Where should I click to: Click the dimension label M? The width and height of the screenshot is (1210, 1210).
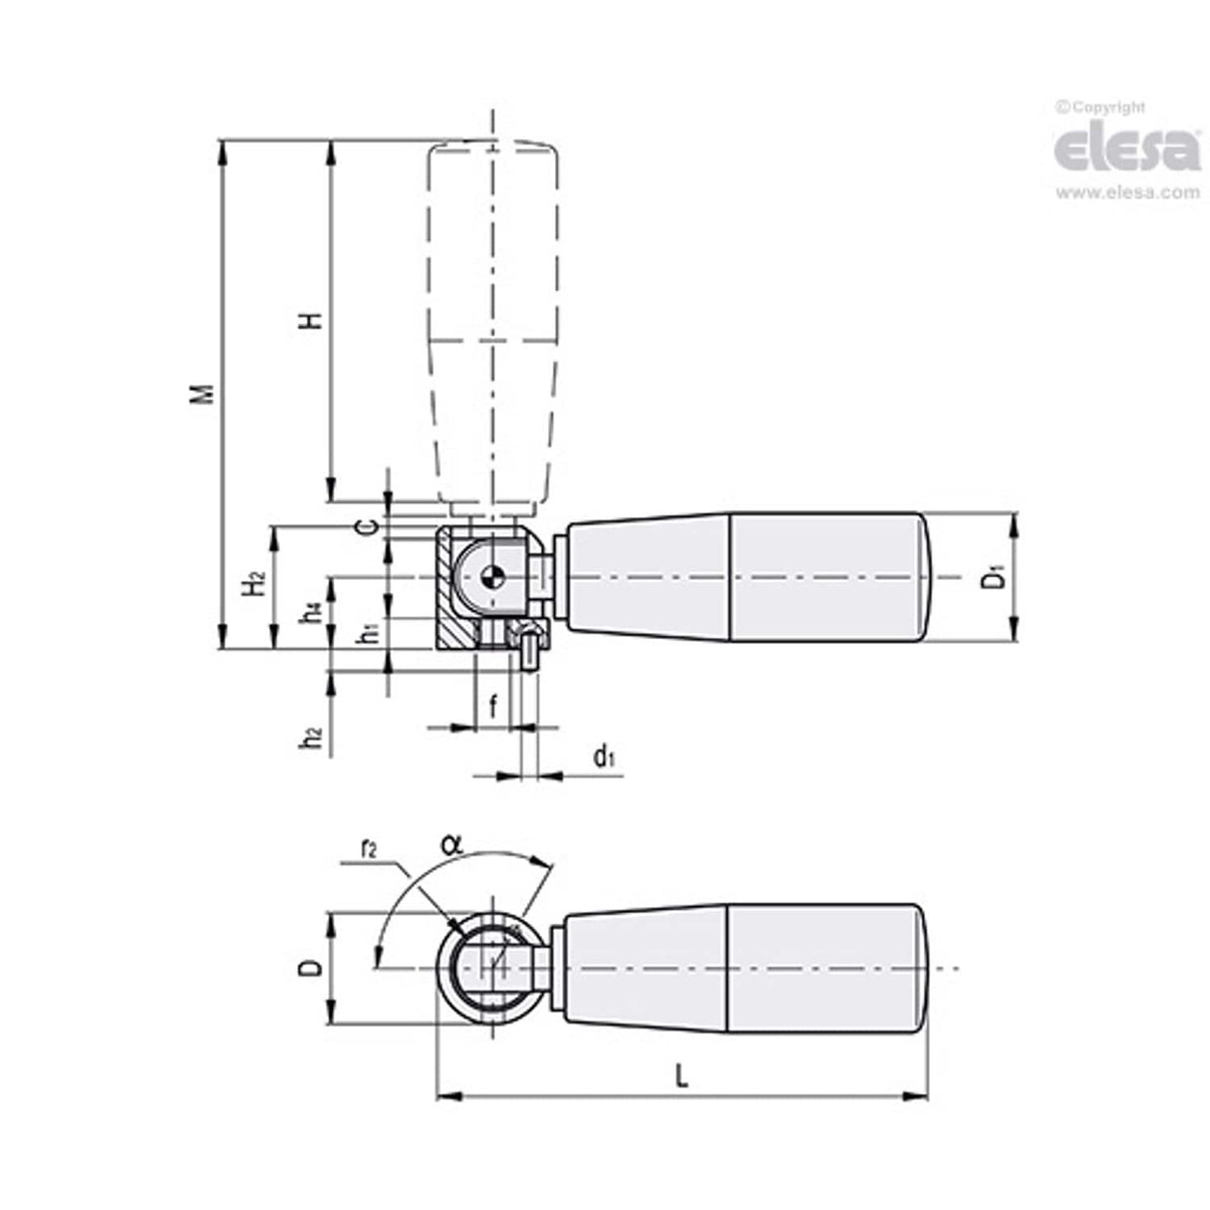(204, 393)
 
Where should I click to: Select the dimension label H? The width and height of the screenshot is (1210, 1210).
(312, 321)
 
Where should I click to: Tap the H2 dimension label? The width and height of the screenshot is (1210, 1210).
(255, 583)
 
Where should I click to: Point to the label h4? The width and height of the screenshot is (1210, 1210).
(313, 611)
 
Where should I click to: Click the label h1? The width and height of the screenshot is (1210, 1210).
(368, 631)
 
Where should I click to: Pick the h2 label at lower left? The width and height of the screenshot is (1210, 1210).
(313, 739)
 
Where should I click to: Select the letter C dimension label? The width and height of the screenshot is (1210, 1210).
(368, 526)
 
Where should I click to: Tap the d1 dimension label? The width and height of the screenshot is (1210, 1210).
(604, 758)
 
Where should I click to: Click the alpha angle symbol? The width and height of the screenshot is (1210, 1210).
(451, 844)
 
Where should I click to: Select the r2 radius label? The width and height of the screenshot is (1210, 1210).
(368, 850)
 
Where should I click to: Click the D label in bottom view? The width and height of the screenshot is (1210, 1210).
(312, 968)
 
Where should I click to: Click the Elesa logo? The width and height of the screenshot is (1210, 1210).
(1126, 150)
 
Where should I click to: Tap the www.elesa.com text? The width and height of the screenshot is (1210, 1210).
(1127, 193)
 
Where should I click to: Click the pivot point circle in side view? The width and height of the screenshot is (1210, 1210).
(490, 576)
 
